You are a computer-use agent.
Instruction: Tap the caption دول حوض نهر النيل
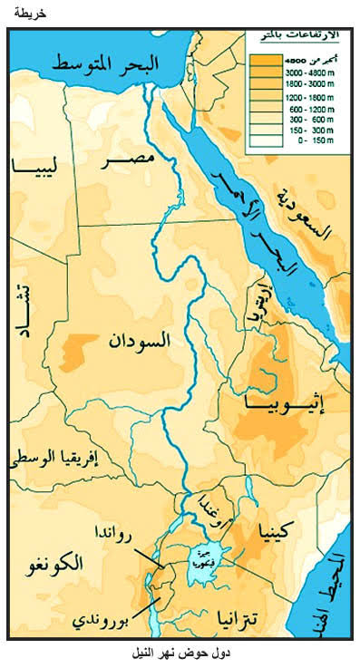tap(179, 653)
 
